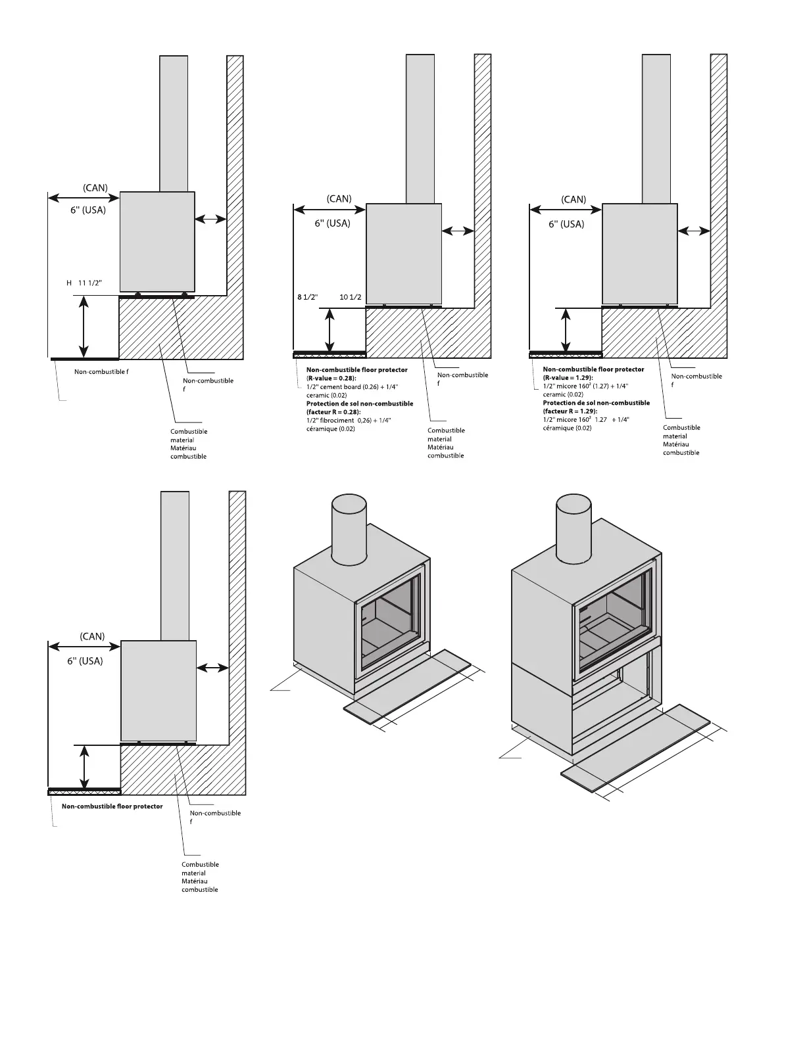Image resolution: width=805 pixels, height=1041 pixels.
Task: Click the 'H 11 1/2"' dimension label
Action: tap(84, 283)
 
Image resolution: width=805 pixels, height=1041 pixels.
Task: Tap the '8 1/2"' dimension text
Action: tap(307, 297)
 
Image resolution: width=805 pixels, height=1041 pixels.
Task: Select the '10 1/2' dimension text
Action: tap(351, 297)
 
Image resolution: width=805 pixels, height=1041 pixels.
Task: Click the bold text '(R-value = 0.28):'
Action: tap(331, 379)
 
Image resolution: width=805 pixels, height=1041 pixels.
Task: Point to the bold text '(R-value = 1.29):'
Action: tap(568, 378)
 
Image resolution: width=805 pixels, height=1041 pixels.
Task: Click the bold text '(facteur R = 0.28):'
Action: tap(333, 412)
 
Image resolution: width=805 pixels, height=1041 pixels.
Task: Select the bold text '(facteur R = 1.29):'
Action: tap(570, 411)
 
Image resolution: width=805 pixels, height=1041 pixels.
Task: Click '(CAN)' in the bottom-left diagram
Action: tap(92, 636)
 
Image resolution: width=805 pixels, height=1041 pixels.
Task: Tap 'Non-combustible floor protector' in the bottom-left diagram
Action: tap(112, 806)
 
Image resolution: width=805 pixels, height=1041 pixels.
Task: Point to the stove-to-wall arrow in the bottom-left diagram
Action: tap(212, 668)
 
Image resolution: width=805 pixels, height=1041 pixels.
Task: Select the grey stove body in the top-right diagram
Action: tap(639, 253)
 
